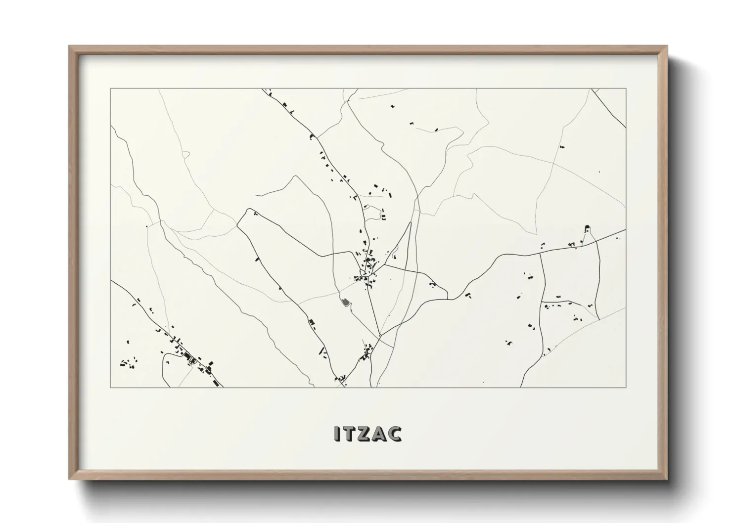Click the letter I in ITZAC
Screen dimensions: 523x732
pyautogui.click(x=337, y=434)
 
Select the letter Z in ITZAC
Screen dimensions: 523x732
pyautogui.click(x=365, y=434)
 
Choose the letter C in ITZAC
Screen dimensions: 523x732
pyautogui.click(x=396, y=434)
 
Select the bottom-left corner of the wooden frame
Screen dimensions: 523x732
pyautogui.click(x=69, y=479)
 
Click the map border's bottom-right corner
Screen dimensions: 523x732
pyautogui.click(x=626, y=387)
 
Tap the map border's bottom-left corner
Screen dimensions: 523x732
pyautogui.click(x=111, y=387)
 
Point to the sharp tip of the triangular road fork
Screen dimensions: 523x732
pyautogui.click(x=411, y=222)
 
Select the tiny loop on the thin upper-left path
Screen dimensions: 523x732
pyautogui.click(x=185, y=154)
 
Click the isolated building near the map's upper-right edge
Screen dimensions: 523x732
pyautogui.click(x=561, y=146)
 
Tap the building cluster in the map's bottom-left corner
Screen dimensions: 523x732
pyautogui.click(x=129, y=364)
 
